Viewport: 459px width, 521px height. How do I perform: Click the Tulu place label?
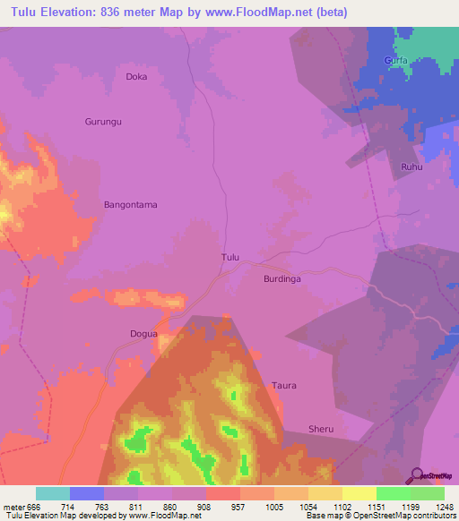(230, 258)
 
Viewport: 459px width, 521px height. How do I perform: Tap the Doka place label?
(136, 77)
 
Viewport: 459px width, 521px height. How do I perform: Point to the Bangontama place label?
(131, 205)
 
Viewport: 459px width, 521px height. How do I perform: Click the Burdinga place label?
(281, 279)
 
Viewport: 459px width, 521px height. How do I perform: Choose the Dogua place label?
(143, 334)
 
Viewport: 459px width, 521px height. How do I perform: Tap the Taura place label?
(284, 386)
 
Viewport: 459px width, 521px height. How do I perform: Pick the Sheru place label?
(321, 430)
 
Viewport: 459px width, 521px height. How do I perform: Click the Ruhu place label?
(411, 167)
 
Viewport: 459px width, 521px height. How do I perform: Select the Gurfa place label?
(396, 61)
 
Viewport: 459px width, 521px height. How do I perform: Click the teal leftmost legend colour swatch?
(53, 493)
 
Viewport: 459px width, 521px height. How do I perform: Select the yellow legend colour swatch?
(359, 493)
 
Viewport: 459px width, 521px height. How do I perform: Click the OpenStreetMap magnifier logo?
(417, 474)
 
